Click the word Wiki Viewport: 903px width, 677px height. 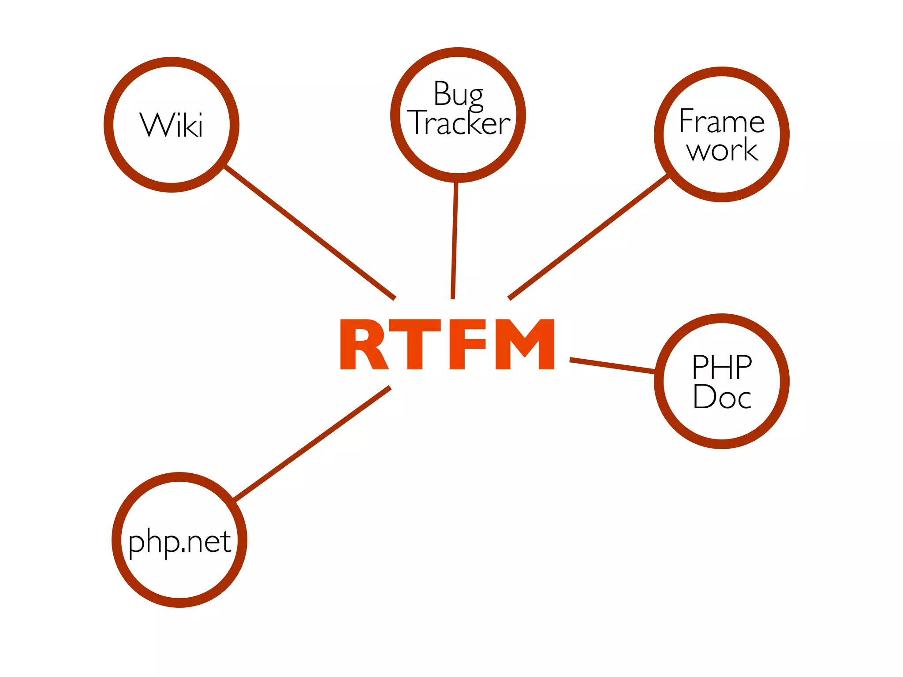(x=172, y=125)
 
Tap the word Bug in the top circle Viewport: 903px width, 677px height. (x=458, y=94)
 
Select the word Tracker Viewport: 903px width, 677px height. (x=459, y=123)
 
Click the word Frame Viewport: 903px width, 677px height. (x=722, y=121)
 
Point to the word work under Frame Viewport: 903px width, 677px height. (x=722, y=150)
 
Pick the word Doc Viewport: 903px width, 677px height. (x=722, y=397)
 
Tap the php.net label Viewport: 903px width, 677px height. (x=179, y=542)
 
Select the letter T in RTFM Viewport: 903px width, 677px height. (x=415, y=344)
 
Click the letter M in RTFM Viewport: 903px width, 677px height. (x=525, y=344)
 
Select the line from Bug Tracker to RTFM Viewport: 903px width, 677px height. (x=455, y=240)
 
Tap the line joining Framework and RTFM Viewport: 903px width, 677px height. (x=589, y=237)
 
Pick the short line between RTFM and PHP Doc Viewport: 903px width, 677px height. (x=613, y=366)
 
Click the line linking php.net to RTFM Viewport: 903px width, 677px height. (x=312, y=443)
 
